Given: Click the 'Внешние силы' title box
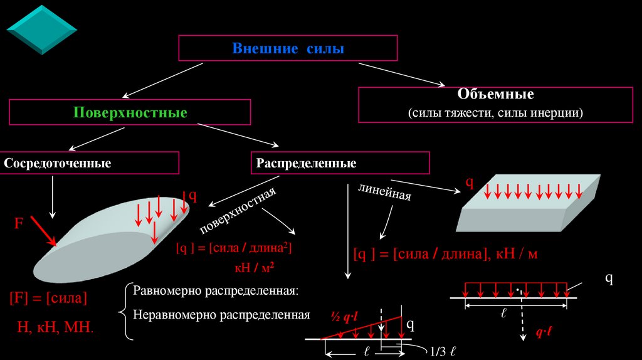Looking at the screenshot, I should click(x=288, y=48).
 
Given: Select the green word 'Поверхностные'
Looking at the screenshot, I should click(x=130, y=114).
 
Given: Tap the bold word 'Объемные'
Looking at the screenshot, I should click(x=495, y=95).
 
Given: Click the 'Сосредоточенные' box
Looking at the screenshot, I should click(x=58, y=164).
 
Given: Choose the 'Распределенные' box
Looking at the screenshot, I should click(x=306, y=164).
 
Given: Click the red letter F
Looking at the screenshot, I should click(x=19, y=223).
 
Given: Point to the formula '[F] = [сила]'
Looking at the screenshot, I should click(x=48, y=297).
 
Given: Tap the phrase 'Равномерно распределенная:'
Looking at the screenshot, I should click(x=216, y=292).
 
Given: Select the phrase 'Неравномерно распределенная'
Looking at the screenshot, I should click(x=221, y=314).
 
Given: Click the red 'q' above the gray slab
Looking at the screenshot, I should click(x=468, y=183).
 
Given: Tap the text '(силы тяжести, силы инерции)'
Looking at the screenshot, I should click(x=495, y=114).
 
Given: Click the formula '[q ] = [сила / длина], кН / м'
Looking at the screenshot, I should click(x=445, y=254).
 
